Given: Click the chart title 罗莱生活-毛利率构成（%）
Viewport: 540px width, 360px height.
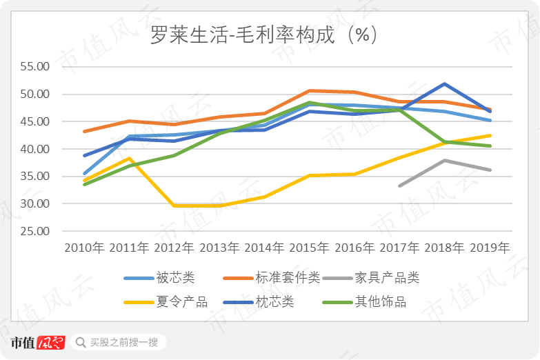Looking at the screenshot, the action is tap(264, 34).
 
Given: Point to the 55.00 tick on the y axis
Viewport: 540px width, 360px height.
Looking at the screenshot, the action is tap(34, 66).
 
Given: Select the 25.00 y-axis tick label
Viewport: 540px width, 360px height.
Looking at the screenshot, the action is tap(34, 231).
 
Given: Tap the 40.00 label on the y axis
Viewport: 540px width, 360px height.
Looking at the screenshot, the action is tap(34, 149).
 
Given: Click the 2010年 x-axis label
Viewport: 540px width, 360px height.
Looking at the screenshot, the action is tap(84, 248).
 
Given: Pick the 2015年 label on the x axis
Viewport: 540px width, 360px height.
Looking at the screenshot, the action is tap(309, 248).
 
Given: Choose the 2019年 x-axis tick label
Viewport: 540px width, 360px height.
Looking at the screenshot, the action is tap(490, 248).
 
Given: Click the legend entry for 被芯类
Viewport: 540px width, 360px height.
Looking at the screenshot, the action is tap(159, 278).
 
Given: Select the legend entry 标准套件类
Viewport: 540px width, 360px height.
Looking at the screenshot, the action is tap(272, 278).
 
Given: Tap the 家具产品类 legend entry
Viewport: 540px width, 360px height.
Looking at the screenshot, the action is tap(371, 278).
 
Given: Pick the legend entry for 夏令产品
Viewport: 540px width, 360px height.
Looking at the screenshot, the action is tap(166, 302).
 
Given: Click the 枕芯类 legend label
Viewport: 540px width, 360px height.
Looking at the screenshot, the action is tap(259, 302).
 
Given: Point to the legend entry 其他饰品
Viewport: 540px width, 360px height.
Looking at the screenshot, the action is tap(364, 302).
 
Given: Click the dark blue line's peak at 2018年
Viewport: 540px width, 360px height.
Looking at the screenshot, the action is tap(445, 83).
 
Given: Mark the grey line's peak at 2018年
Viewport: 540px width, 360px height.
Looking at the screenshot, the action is tap(445, 160).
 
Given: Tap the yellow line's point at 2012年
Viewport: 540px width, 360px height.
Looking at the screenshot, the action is tap(174, 206).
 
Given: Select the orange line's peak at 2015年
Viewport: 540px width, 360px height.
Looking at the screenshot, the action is tap(310, 91).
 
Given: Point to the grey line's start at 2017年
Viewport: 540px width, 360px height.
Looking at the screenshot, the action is tap(399, 186).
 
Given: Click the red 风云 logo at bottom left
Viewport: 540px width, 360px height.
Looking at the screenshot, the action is tap(50, 343).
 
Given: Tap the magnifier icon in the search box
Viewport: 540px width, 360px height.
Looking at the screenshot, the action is tap(81, 343).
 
